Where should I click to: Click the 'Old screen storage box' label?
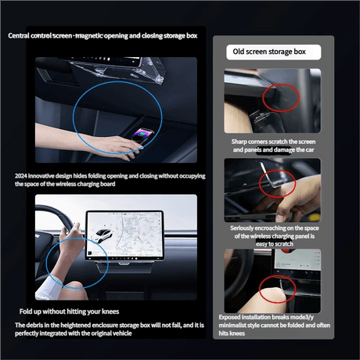coord(269,52)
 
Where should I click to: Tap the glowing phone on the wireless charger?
coord(142,135)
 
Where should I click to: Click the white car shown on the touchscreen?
coord(102,235)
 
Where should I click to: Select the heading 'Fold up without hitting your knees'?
coord(69,311)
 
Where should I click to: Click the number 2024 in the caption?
coord(21,176)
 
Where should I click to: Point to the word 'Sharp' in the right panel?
coord(239,142)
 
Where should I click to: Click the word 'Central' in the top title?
coord(19,35)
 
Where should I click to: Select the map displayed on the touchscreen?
coord(139,233)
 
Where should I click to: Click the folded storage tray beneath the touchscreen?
coord(124,267)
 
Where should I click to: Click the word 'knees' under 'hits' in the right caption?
coord(237,333)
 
